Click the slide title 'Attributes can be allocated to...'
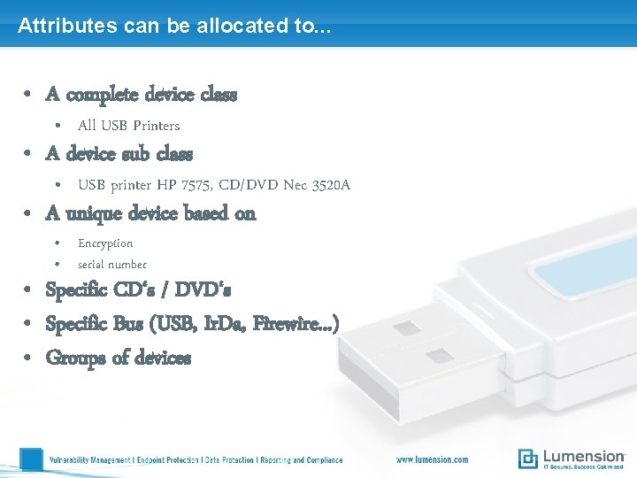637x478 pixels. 174,26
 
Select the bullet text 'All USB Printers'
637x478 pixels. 128,126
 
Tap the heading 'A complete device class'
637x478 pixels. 142,94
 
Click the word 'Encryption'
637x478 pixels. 105,243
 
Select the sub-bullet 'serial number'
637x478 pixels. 112,265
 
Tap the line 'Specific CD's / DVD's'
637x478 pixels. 138,290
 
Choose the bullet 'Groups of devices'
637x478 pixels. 118,358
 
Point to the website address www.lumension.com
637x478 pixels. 432,459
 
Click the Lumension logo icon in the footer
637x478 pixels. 528,459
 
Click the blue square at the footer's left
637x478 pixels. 31,459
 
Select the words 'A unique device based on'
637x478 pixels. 150,213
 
